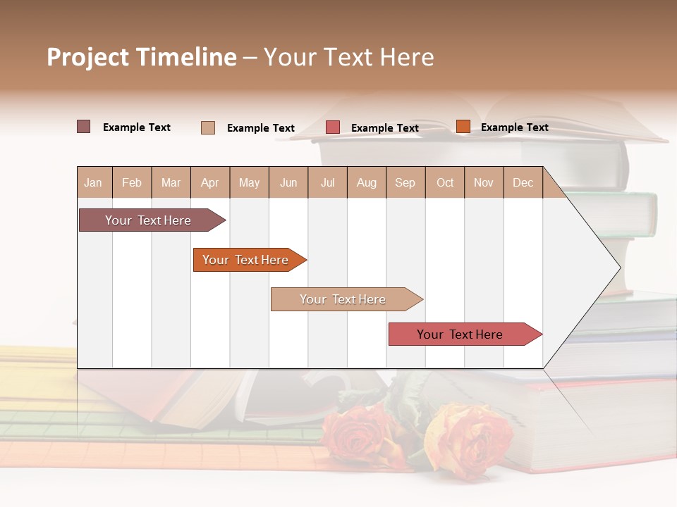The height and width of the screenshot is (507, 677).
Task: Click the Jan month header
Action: tap(93, 183)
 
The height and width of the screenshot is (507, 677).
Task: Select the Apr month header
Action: tap(209, 183)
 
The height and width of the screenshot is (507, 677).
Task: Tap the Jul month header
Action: tap(327, 183)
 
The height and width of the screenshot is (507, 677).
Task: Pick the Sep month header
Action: tap(405, 183)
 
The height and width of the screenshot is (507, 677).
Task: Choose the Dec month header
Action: tap(523, 183)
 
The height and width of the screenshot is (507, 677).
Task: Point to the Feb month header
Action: tap(132, 183)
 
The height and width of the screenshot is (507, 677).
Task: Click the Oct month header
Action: tap(445, 183)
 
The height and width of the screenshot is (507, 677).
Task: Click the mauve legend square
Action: tap(84, 127)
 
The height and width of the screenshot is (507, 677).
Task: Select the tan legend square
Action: tap(208, 127)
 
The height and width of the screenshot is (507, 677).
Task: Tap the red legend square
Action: tap(333, 127)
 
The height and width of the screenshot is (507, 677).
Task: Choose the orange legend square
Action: tap(463, 127)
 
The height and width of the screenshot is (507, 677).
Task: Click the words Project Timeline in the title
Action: tap(141, 57)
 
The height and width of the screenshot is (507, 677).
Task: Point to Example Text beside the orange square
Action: tap(514, 127)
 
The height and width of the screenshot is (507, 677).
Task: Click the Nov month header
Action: tap(484, 183)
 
